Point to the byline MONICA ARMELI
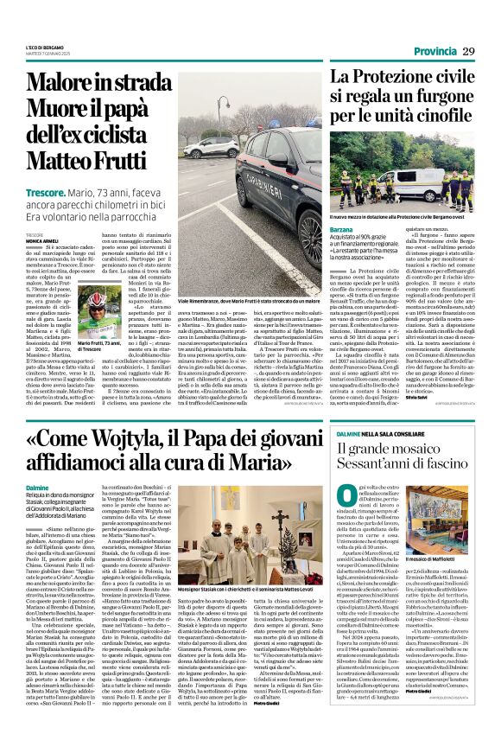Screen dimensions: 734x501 pyautogui.click(x=40, y=240)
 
